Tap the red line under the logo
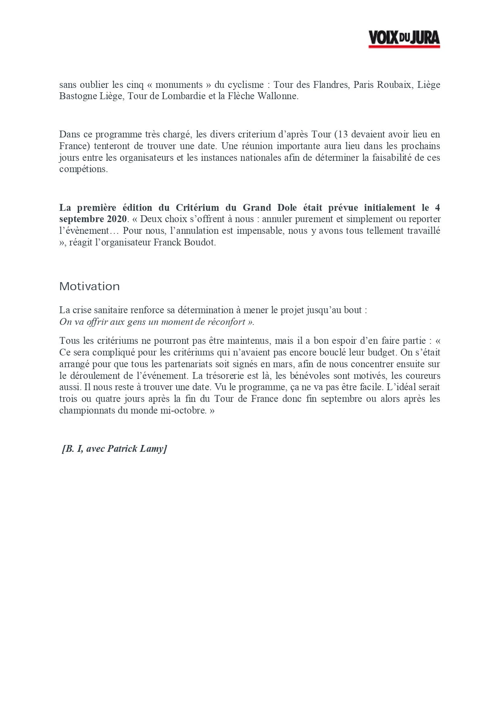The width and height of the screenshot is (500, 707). (x=404, y=47)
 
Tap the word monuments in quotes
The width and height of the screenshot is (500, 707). (x=179, y=85)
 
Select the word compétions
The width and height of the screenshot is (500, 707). (x=83, y=169)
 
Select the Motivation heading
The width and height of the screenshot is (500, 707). (x=90, y=287)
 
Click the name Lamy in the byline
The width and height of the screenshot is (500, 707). (x=153, y=449)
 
